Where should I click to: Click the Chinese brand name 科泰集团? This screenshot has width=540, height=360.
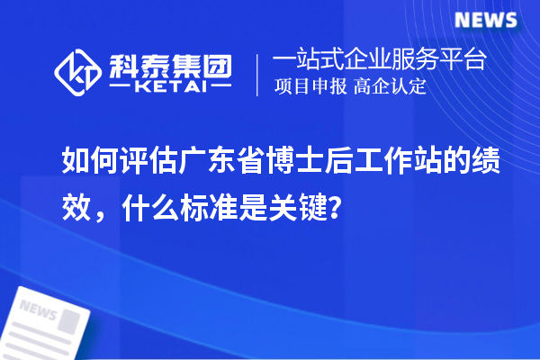click(170, 63)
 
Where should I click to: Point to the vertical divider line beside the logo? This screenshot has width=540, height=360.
click(259, 75)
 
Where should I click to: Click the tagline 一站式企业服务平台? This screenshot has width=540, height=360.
click(380, 60)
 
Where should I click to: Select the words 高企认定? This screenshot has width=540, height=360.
click(390, 88)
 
